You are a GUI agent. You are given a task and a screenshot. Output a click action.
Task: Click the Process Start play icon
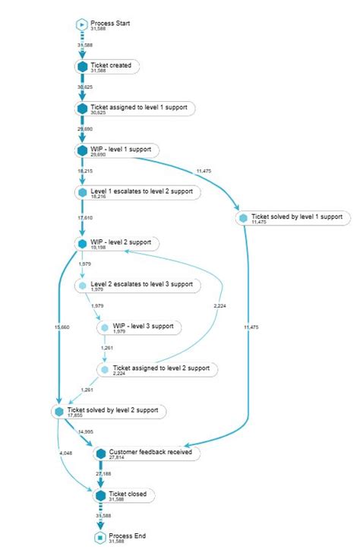click(x=82, y=24)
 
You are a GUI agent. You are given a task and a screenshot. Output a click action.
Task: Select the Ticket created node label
click(x=111, y=65)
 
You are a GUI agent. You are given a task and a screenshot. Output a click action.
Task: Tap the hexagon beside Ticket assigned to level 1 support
click(x=82, y=109)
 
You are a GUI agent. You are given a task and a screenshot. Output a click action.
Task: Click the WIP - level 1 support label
click(x=121, y=149)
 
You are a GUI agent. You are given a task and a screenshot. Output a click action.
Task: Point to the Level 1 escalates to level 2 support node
click(x=141, y=191)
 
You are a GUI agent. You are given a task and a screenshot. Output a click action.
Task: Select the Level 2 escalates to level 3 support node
click(x=141, y=285)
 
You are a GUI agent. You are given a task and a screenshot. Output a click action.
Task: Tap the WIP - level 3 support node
click(x=144, y=327)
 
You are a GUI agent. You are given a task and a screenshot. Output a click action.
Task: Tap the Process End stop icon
click(x=99, y=537)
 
